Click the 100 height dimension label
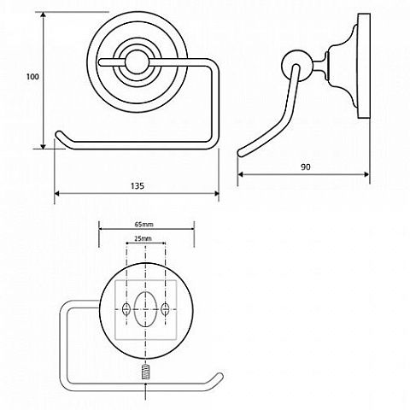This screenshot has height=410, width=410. click(32, 77)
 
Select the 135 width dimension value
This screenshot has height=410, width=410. click(138, 186)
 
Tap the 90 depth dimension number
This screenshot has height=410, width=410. click(306, 167)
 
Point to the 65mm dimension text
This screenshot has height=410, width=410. click(143, 225)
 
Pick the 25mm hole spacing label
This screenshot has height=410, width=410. click(143, 238)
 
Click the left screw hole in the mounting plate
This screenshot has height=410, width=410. click(126, 309)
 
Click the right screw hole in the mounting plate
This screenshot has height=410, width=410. click(165, 309)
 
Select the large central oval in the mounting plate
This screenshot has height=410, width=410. click(146, 308)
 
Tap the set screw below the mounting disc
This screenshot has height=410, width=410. click(146, 372)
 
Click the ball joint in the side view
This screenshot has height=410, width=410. click(296, 65)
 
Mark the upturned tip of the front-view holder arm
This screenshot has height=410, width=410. click(59, 134)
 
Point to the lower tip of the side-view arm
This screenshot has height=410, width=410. click(241, 152)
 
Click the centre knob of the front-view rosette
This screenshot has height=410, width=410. click(137, 62)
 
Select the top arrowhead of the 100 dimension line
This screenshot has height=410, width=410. click(43, 15)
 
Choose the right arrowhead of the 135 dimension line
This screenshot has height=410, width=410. click(216, 194)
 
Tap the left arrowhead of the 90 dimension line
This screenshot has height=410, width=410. click(240, 174)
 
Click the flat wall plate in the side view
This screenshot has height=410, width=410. click(364, 66)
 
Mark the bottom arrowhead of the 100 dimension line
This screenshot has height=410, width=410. click(43, 146)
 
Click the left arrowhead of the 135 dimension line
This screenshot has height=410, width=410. click(57, 194)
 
